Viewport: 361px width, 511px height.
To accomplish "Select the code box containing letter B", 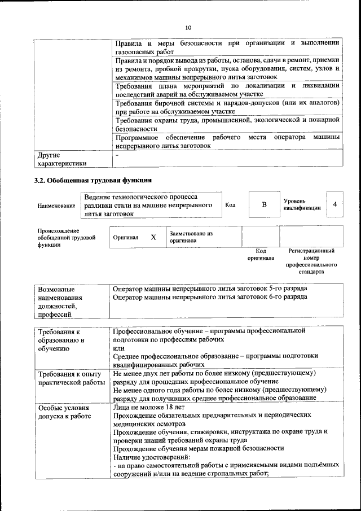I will (x=264, y=204).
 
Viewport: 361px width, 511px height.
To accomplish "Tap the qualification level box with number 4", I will (x=335, y=204).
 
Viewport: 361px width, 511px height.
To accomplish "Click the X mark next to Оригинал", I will (x=153, y=237).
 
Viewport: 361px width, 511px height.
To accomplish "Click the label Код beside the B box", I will (x=230, y=204).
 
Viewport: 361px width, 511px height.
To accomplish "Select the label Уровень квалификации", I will (x=302, y=204).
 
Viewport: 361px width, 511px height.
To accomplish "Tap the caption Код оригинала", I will (x=261, y=254).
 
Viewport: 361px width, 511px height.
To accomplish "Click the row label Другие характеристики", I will (x=62, y=159).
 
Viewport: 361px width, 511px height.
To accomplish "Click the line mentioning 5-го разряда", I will (x=210, y=288).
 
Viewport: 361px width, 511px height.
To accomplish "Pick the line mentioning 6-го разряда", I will (x=210, y=297).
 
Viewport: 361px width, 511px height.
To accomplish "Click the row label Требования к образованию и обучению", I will (x=60, y=340).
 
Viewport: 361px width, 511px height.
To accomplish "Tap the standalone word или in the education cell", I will (x=117, y=348).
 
